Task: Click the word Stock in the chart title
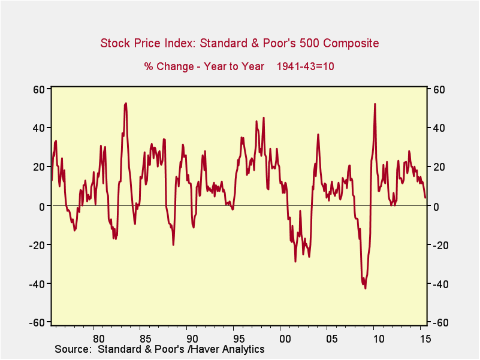[x=114, y=43]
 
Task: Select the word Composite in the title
[x=354, y=43]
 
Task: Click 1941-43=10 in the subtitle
[x=305, y=66]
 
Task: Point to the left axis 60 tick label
[x=40, y=89]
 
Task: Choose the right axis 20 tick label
[x=437, y=167]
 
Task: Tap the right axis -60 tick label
[x=439, y=322]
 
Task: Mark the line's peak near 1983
[x=125, y=104]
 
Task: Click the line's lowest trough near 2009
[x=365, y=288]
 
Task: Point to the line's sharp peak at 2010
[x=375, y=104]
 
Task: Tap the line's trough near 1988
[x=173, y=244]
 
